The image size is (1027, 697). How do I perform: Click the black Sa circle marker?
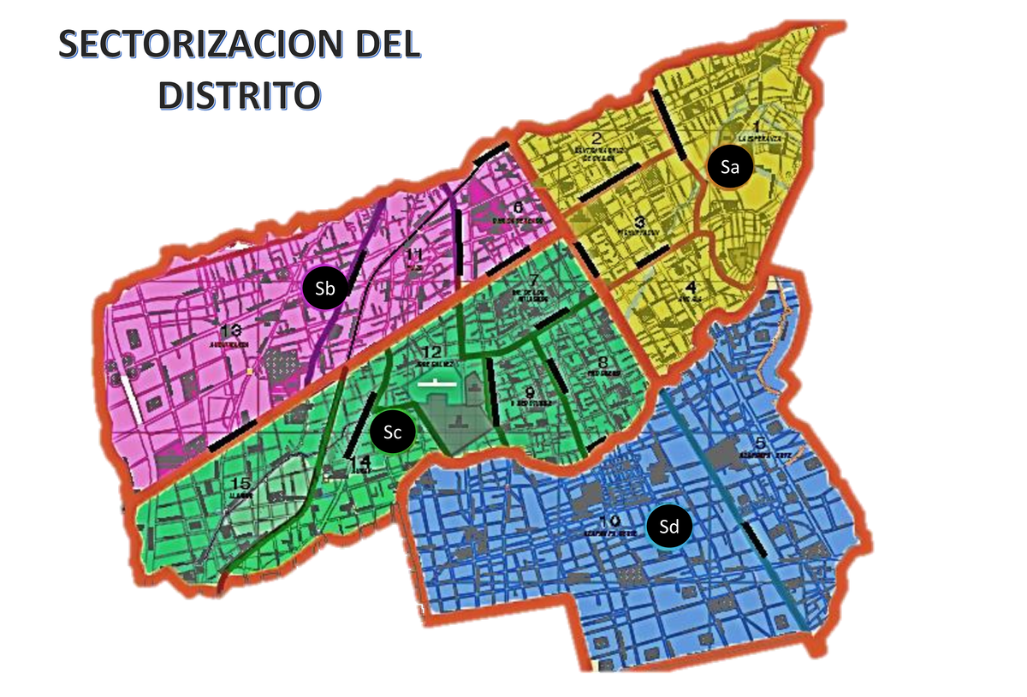pos(729,167)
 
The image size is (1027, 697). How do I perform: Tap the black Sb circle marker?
pos(324,289)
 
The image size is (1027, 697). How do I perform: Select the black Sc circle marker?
pos(393,433)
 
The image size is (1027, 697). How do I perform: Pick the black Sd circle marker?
pos(668,527)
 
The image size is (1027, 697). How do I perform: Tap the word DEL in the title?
pos(383,46)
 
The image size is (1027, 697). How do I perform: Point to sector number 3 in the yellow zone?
pos(638,220)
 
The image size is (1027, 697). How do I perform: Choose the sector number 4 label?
pos(691,288)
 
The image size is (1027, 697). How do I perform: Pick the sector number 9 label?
pos(530,391)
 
